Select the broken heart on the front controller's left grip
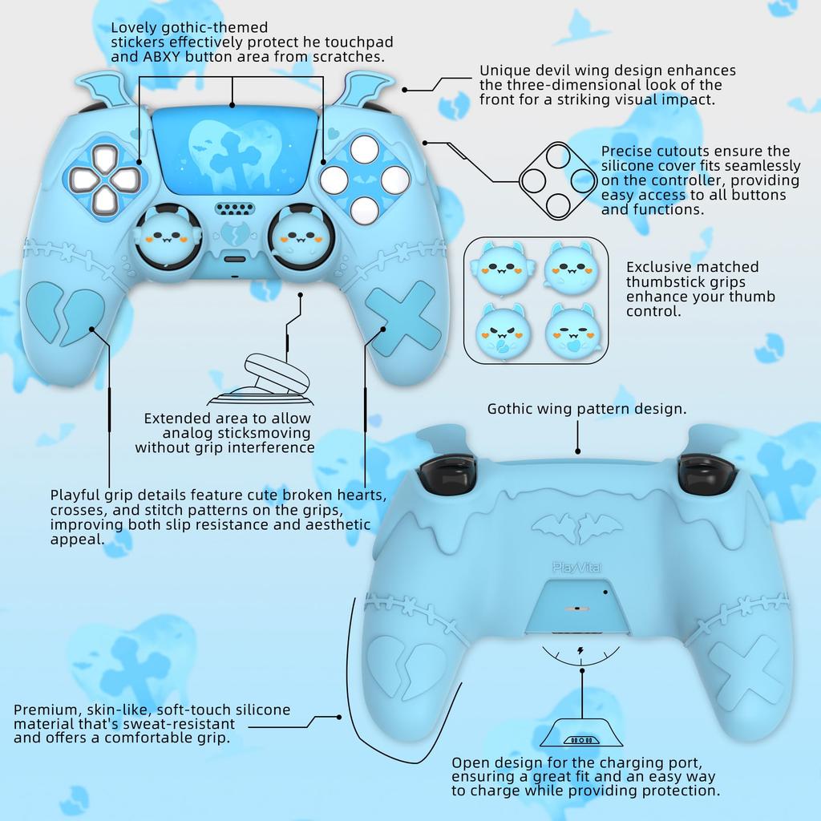65,315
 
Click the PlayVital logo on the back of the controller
577,568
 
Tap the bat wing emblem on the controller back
578,528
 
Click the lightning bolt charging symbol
580,651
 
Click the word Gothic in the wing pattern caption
512,409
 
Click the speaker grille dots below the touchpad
233,209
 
